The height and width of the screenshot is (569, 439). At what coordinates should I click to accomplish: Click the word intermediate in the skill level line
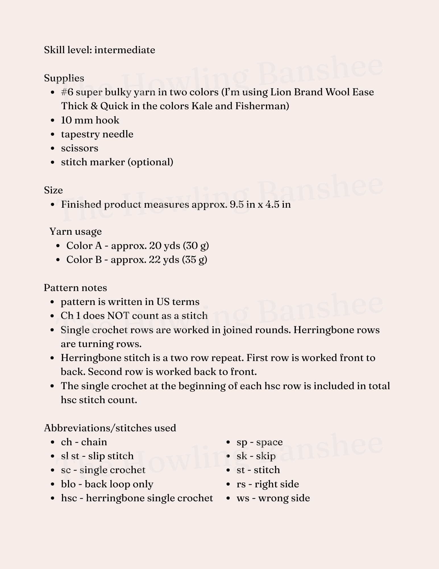click(125, 50)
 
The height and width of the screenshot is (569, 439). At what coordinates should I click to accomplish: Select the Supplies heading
click(64, 78)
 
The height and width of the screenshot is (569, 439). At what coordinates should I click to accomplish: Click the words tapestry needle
click(97, 134)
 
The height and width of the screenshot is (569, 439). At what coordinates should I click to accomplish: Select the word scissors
click(80, 148)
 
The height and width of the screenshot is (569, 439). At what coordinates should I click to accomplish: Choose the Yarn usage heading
click(76, 232)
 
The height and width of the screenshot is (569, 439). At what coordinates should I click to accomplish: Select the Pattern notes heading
click(75, 288)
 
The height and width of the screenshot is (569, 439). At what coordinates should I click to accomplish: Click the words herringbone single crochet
click(149, 498)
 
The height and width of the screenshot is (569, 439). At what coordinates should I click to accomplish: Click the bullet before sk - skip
click(228, 456)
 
